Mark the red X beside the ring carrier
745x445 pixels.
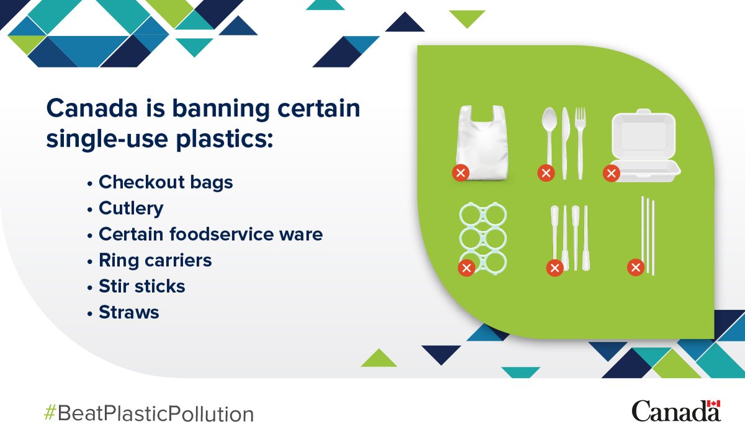pos(466,268)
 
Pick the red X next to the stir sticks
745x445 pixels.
pos(554,268)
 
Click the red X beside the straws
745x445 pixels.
pos(635,268)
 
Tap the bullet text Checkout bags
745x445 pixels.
pos(166,182)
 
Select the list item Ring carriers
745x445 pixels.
pos(155,260)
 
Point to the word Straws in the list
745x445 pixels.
pos(129,312)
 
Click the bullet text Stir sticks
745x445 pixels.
pos(142,286)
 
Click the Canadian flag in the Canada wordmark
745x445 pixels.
pos(714,403)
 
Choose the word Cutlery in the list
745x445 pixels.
pos(131,208)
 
